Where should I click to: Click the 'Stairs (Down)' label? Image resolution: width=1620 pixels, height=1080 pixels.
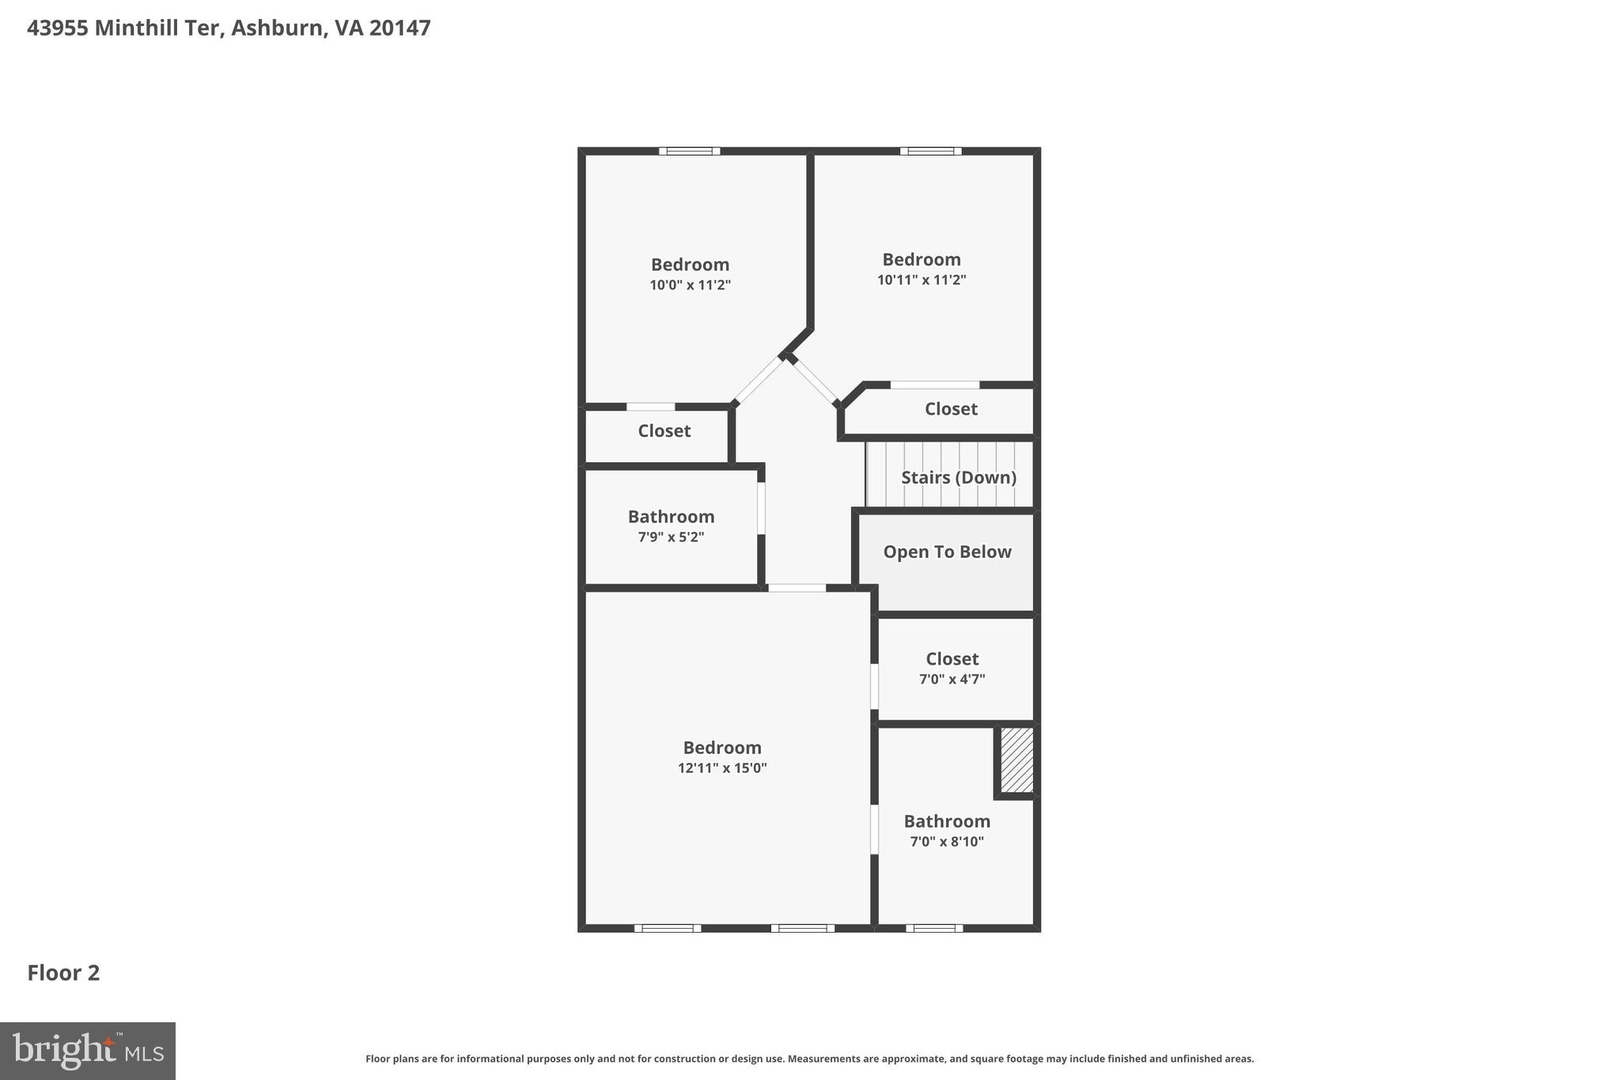point(958,477)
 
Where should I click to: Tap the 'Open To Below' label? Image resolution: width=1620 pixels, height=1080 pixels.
point(947,551)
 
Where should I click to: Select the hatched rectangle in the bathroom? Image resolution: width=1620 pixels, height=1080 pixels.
point(1016,760)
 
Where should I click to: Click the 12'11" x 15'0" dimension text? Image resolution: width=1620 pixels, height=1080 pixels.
point(721,767)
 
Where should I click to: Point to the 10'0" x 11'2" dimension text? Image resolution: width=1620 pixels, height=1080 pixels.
point(690,285)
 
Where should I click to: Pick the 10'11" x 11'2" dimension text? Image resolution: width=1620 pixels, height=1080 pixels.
point(921,279)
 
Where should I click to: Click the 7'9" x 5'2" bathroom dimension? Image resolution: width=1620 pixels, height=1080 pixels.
point(671,536)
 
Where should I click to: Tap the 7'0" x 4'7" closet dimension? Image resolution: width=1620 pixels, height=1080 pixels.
point(952,679)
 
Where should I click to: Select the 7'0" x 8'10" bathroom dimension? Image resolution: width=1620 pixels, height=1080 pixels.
point(947,841)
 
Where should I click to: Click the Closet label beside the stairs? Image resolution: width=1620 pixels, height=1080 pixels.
point(951,409)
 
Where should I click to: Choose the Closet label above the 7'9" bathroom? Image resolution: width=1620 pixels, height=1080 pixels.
point(664,430)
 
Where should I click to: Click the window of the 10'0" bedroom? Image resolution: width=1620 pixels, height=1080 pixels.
point(689,151)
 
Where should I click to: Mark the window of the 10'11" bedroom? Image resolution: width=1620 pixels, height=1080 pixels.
point(930,151)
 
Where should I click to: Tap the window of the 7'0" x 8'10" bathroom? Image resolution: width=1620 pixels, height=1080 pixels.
point(934,928)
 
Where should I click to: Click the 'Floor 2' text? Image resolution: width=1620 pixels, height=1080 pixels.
point(63,972)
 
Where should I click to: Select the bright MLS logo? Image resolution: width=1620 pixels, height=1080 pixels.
point(88,1051)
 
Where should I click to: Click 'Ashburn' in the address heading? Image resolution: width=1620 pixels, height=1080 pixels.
point(277,28)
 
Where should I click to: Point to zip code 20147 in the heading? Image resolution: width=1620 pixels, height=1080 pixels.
point(399,28)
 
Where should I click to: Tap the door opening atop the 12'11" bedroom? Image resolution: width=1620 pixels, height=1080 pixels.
point(797,588)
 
